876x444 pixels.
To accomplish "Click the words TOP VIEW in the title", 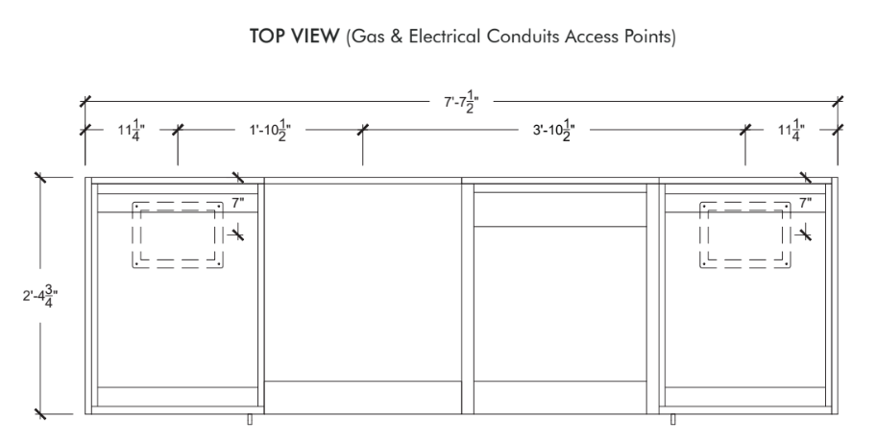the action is pos(294,37).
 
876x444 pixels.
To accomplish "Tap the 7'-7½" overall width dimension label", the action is pos(461,102).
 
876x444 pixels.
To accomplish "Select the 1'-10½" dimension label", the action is pos(271,131).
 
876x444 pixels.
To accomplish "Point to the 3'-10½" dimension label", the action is pos(553,131).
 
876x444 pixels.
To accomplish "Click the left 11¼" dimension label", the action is pos(132,131).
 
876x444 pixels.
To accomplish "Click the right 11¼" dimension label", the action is pos(791,131).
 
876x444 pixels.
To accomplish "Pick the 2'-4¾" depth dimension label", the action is pos(40,296).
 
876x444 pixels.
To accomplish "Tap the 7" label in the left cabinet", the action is pos(238,203).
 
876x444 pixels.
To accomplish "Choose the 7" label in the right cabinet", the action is pos(805,203).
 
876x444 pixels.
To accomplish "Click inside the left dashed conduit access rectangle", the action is pos(178,234).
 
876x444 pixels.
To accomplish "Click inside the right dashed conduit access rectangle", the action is pos(745,234).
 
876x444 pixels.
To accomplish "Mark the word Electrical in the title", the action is pos(445,37).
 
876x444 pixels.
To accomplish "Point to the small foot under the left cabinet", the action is pos(250,419).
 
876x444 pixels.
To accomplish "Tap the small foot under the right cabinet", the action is pos(672,419).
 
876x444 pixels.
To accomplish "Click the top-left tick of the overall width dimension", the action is pos(85,102).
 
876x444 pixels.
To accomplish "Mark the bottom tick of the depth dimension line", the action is pos(39,414).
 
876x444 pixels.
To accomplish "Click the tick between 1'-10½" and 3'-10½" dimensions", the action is pos(362,131).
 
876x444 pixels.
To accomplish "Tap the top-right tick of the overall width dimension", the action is pos(838,102).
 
